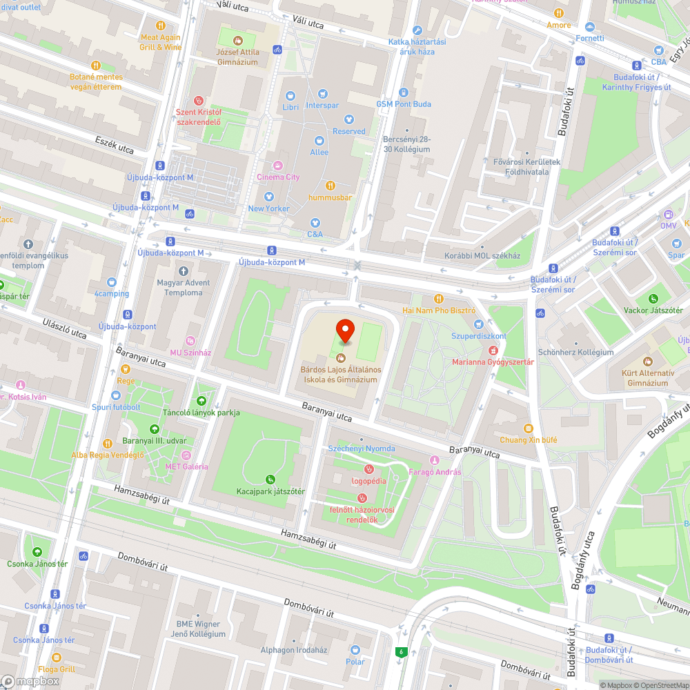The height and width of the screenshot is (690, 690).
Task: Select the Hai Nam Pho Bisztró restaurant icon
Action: tap(438, 298)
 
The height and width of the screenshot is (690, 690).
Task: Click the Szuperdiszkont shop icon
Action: tap(477, 324)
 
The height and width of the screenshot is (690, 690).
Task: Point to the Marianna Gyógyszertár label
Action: tap(493, 362)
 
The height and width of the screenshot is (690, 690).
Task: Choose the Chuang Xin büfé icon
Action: tap(529, 428)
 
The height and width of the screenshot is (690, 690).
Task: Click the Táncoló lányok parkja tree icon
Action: tap(201, 400)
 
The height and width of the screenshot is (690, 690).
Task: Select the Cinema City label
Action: tap(278, 177)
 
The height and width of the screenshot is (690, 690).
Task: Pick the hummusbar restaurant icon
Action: tap(330, 185)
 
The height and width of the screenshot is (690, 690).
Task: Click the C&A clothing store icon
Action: tap(315, 222)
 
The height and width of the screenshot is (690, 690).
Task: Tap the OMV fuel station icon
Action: tap(668, 215)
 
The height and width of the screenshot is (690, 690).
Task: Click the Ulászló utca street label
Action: tap(64, 329)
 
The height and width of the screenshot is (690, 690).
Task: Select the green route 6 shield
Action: tap(400, 652)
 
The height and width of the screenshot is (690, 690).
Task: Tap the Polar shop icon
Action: tap(355, 650)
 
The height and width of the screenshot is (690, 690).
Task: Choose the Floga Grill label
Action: tap(57, 669)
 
